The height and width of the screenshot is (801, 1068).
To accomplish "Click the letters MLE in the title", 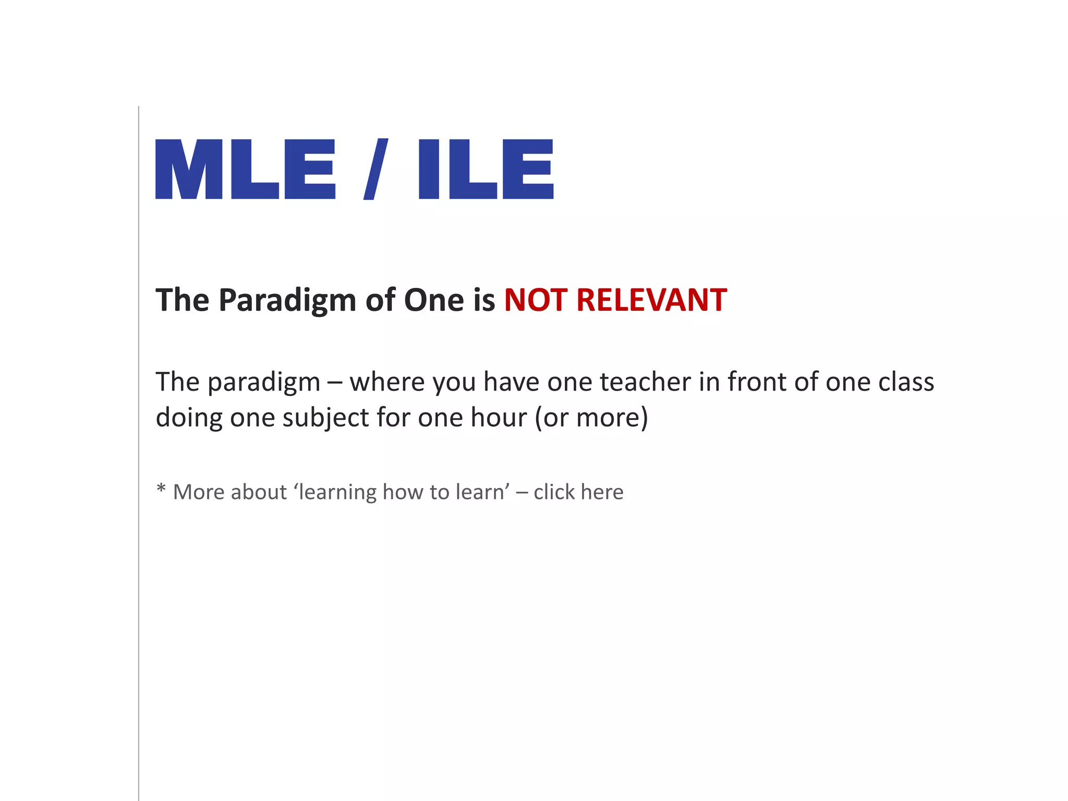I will (245, 169).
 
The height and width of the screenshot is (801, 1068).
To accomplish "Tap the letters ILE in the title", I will (486, 169).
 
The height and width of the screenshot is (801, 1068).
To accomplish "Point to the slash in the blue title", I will (376, 169).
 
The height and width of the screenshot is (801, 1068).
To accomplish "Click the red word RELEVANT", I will (651, 300).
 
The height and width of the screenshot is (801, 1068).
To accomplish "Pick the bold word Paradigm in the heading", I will (287, 301).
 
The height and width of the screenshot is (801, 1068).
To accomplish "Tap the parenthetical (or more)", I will (591, 418).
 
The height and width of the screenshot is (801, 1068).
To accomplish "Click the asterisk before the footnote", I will (161, 489).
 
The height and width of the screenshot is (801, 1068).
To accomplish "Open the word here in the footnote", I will (602, 492).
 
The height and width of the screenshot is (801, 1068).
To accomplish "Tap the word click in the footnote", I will (554, 492).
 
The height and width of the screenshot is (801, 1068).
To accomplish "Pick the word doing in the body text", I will (189, 418).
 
